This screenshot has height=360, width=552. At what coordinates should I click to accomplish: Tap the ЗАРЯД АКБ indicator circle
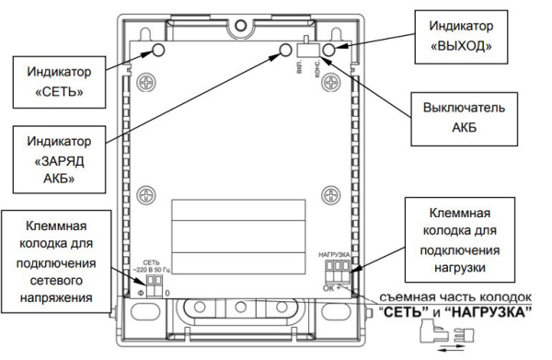click(287, 50)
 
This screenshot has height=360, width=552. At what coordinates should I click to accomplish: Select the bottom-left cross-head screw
click(144, 196)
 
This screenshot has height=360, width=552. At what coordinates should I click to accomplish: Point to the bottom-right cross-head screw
click(328, 196)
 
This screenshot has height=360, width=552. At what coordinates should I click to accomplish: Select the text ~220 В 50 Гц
click(156, 263)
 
